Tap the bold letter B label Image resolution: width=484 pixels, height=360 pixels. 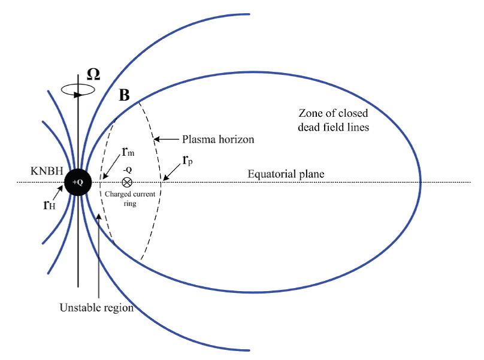(x=124, y=95)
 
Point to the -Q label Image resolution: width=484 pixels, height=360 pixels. (x=127, y=170)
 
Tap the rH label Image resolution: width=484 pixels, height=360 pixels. (x=50, y=203)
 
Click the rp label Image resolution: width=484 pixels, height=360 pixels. (x=186, y=163)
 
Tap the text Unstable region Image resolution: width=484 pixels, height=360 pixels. (x=96, y=308)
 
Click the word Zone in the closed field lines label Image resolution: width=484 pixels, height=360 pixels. (x=309, y=113)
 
